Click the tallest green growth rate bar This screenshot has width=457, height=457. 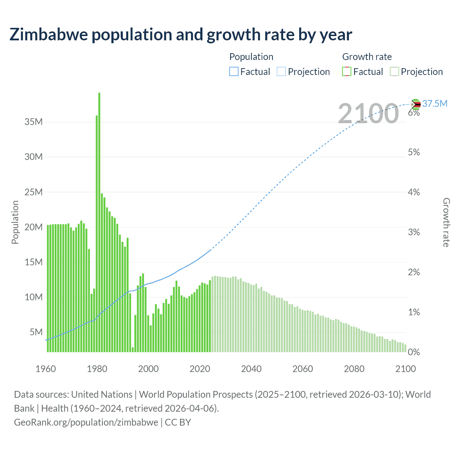click(99, 221)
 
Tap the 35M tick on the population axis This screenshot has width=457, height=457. click(34, 122)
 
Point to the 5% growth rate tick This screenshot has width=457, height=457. click(414, 152)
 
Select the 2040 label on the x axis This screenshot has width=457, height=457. click(251, 369)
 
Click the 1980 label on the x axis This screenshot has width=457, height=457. click(97, 369)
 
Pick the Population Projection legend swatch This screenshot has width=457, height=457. click(281, 72)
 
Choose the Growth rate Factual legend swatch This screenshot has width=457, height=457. click(347, 72)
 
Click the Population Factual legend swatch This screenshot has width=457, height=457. click(234, 72)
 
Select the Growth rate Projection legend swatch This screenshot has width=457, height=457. click(395, 72)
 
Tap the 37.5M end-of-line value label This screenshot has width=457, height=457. click(435, 104)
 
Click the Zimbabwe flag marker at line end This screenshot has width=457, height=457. click(415, 104)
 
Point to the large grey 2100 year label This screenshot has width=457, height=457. click(368, 114)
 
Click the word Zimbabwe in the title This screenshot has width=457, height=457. click(49, 35)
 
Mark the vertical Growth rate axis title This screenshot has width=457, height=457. click(446, 222)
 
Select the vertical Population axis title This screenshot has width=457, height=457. click(15, 222)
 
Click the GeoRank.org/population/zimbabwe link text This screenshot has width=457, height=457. click(86, 422)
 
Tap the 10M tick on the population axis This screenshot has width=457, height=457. click(34, 297)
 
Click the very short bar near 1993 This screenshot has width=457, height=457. click(133, 350)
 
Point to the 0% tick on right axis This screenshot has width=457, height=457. click(414, 352)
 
